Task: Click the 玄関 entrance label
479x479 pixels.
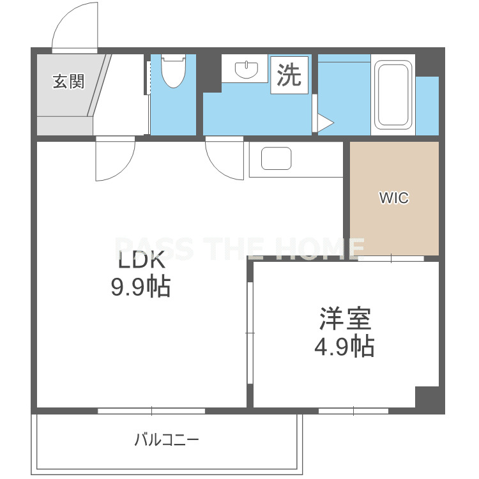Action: (68, 82)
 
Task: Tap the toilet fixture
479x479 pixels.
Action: (173, 71)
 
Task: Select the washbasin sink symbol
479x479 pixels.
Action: (247, 70)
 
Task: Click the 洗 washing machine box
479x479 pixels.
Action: (289, 75)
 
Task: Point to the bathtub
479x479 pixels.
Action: (393, 95)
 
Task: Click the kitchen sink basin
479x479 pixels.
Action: (276, 158)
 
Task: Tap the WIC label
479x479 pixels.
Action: (394, 197)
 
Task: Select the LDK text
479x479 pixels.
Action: (141, 259)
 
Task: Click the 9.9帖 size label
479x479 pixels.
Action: (141, 287)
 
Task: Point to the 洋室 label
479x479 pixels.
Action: (345, 319)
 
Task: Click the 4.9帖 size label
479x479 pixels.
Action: (345, 347)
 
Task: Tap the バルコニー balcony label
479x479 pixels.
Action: (167, 440)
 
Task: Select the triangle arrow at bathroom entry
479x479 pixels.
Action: (325, 123)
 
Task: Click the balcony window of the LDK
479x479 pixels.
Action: (151, 411)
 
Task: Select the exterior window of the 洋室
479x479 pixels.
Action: (353, 411)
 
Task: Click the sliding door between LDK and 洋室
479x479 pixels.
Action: (250, 333)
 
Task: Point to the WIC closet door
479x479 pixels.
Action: (392, 259)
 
